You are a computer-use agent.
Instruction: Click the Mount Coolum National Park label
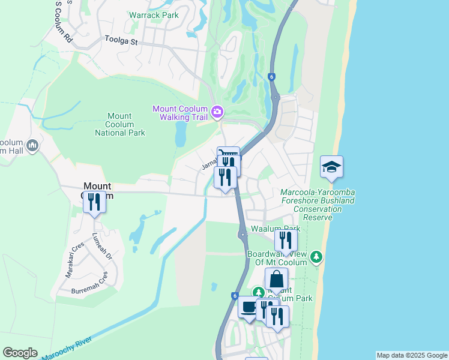coord(125,124)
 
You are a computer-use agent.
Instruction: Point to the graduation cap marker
coord(331,167)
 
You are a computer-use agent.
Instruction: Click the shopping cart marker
coord(228,155)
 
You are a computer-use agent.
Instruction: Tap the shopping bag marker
coord(276,280)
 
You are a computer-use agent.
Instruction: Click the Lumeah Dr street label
coord(101,247)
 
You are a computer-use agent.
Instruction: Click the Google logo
coord(20,353)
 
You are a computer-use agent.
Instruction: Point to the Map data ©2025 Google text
coord(412,355)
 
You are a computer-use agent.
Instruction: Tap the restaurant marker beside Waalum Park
coord(286,241)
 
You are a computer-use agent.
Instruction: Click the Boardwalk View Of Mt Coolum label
coord(280,258)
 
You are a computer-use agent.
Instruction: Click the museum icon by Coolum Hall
coord(32,145)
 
